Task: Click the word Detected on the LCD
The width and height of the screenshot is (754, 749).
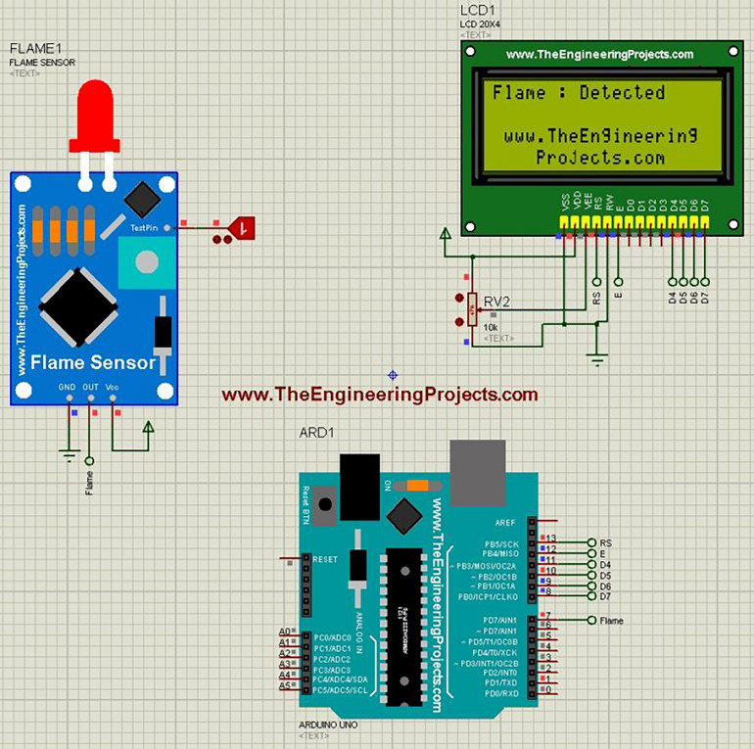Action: tap(622, 93)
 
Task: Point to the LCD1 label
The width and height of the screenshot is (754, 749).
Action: tap(479, 11)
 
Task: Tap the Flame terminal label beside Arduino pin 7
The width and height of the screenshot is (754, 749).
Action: tap(611, 621)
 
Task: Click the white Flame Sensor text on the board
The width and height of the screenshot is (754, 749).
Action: tap(94, 362)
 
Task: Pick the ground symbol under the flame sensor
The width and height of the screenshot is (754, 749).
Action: tap(69, 452)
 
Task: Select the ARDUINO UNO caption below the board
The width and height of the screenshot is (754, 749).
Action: tap(327, 725)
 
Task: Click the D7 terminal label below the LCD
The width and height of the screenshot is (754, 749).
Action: tap(705, 296)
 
